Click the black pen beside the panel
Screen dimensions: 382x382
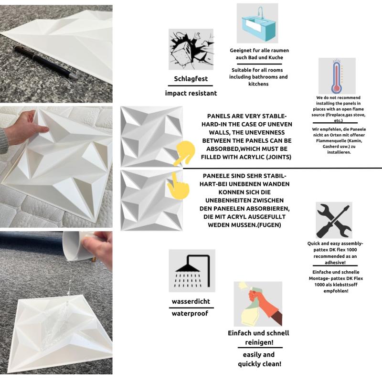(x=45, y=63)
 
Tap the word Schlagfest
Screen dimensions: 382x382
(x=191, y=79)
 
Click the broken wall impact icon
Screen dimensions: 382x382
(x=191, y=50)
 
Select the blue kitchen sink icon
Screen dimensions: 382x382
(x=257, y=23)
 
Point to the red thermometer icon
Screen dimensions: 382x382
(x=337, y=76)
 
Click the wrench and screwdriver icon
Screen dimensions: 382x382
(x=334, y=220)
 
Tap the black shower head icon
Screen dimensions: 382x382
(x=192, y=271)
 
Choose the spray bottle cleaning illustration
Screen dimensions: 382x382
(x=258, y=304)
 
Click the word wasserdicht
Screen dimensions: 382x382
(x=191, y=301)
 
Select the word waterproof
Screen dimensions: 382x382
(x=190, y=313)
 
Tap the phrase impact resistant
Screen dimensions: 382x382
(x=191, y=93)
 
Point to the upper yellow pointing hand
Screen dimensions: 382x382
(x=184, y=153)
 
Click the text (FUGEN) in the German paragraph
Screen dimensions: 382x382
(x=269, y=225)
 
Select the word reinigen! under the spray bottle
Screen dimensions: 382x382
(x=259, y=342)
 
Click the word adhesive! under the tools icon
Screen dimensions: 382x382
(x=335, y=262)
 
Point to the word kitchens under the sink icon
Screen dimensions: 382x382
(x=258, y=84)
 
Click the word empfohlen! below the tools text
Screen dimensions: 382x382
(x=336, y=291)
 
